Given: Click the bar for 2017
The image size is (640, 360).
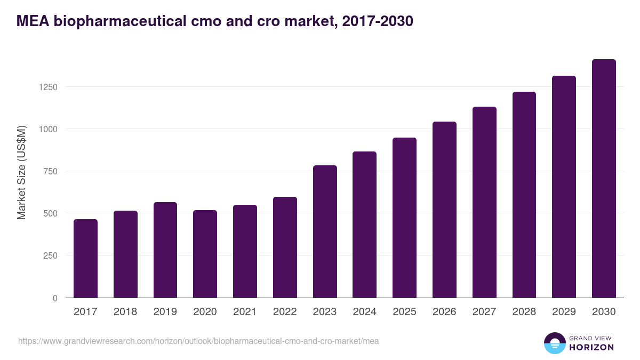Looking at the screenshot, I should point(85,259).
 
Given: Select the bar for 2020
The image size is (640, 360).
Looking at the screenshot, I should point(205,254).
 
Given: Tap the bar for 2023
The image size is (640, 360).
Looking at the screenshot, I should point(325,231).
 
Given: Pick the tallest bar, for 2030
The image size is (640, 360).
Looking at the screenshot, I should point(604,179).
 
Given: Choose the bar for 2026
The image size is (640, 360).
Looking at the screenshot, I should point(444,210).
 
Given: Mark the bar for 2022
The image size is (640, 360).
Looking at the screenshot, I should point(285,247).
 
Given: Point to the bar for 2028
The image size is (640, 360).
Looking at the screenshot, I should point(524,195).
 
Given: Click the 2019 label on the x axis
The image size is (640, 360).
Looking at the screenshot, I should point(165,312).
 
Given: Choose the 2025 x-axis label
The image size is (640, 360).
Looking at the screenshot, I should point(404,312).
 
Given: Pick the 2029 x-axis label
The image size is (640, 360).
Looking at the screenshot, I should point(564,312).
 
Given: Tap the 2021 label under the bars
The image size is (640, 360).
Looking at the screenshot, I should point(245,312).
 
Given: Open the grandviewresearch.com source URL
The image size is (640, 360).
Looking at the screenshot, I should point(198,341).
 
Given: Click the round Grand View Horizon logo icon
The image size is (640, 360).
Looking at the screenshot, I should point(554,343).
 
